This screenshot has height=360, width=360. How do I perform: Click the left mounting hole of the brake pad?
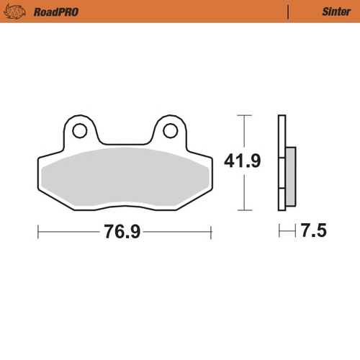[x=79, y=131]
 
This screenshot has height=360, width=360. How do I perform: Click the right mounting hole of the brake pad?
[x=170, y=131]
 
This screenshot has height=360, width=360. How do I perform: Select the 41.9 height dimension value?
[x=244, y=161]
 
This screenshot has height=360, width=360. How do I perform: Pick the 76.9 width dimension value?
[x=122, y=232]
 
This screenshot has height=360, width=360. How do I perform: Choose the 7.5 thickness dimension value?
[x=314, y=231]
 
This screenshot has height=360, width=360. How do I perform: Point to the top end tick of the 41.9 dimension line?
[x=244, y=115]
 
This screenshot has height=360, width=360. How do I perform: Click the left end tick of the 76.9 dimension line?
[x=38, y=232]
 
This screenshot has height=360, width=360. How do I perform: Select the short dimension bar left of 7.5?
[x=288, y=231]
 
